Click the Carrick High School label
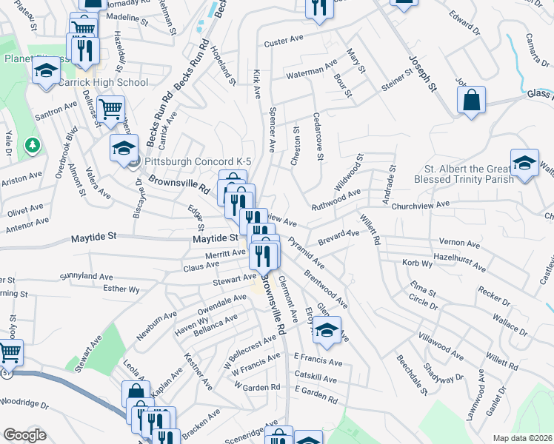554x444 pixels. coord(103,82)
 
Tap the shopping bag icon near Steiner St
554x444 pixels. coord(471,100)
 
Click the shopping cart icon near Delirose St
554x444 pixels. coord(110,110)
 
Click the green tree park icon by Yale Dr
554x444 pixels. coord(32,145)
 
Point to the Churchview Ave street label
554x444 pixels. coord(421,204)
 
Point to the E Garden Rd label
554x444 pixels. coord(316,398)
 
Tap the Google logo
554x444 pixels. coord(24,435)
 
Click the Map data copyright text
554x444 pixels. coord(521,438)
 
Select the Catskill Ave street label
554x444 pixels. coord(314,379)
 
